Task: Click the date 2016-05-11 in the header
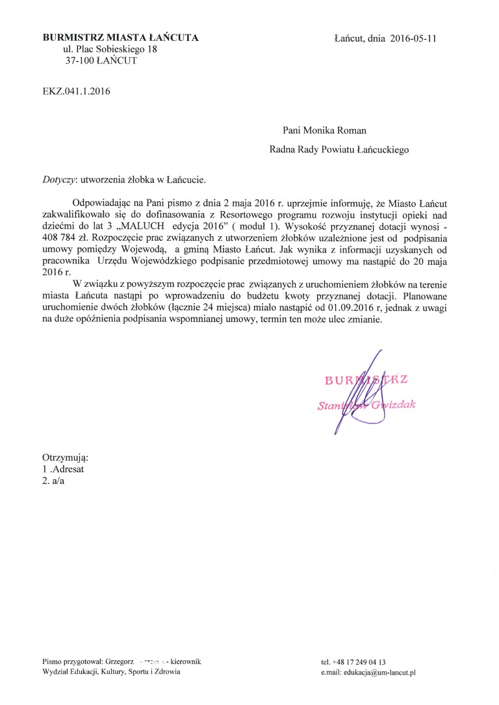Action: [x=414, y=38]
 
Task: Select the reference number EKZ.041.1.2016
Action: [x=76, y=92]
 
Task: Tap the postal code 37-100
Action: [x=77, y=61]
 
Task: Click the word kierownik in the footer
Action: [x=185, y=661]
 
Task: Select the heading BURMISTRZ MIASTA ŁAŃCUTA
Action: [x=120, y=38]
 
